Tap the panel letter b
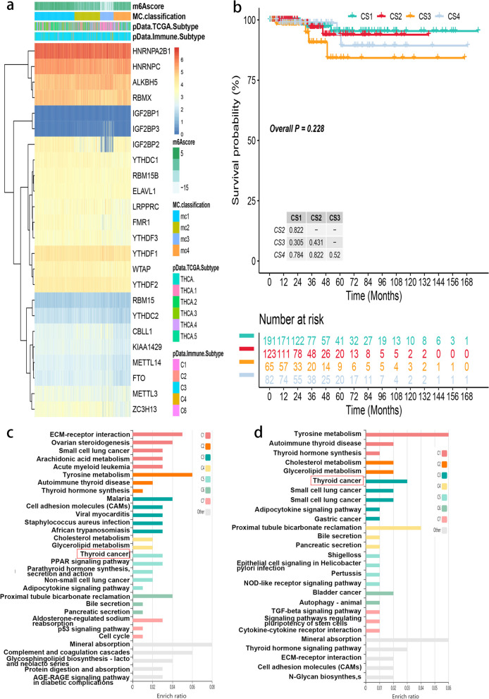pos(239,11)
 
